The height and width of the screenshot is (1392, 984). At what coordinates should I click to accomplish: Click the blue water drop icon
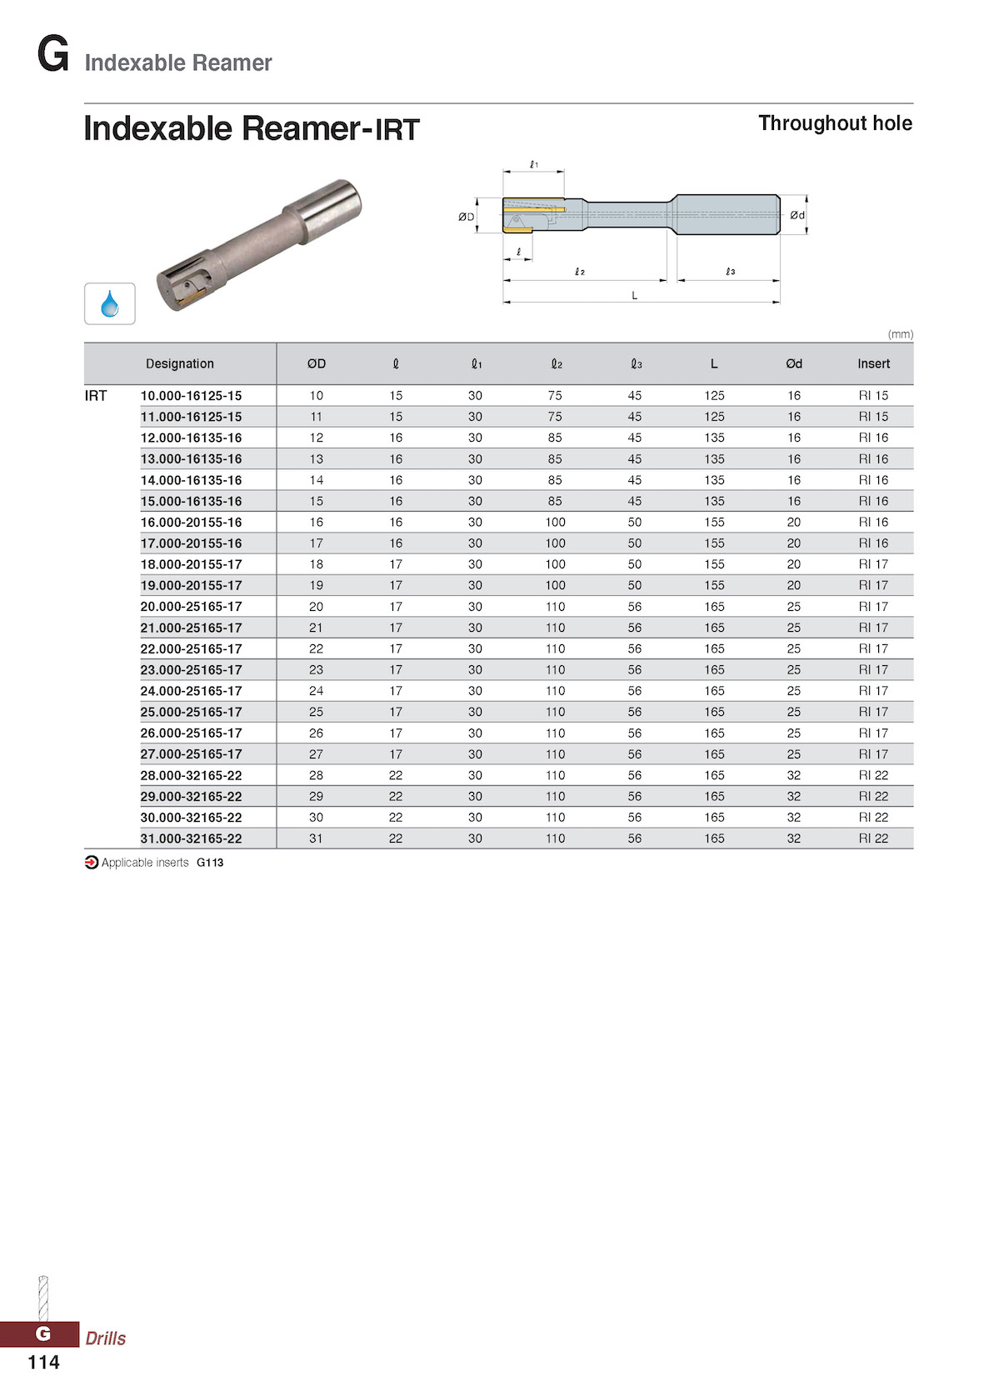[x=109, y=303]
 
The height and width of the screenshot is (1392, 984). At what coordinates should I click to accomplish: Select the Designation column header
[x=179, y=363]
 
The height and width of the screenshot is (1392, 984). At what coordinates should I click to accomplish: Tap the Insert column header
[x=873, y=363]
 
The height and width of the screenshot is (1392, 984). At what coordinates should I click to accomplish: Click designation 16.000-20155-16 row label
[x=191, y=522]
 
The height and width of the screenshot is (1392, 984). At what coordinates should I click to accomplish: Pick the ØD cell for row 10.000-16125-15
[x=316, y=396]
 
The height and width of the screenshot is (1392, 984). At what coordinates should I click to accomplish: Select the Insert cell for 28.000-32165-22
[x=873, y=775]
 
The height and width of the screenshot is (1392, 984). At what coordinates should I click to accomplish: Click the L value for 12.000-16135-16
[x=714, y=438]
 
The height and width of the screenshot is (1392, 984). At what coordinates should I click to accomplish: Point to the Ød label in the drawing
[x=797, y=215]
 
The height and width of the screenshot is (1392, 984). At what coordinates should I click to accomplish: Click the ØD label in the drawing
[x=466, y=217]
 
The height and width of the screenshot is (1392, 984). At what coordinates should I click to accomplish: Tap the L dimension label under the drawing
[x=634, y=295]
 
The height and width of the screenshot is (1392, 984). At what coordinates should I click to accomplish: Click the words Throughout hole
[x=835, y=123]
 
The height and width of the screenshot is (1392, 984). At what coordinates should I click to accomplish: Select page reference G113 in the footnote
[x=210, y=863]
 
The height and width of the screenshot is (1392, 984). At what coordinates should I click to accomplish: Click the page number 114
[x=43, y=1362]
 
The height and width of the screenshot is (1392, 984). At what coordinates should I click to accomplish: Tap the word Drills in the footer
[x=106, y=1338]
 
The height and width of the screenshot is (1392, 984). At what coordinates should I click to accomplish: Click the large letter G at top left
[x=52, y=55]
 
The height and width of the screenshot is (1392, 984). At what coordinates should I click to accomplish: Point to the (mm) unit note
[x=900, y=334]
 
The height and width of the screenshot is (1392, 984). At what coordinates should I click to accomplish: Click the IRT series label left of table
[x=96, y=396]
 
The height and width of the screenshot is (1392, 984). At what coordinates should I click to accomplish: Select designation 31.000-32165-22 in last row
[x=191, y=839]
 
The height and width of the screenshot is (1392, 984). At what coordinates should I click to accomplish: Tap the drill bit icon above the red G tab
[x=43, y=1297]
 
